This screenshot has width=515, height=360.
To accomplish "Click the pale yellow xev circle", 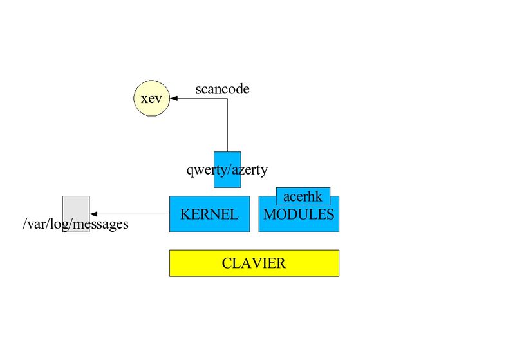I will pyautogui.click(x=151, y=99).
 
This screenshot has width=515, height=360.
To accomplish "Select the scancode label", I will pyautogui.click(x=222, y=89).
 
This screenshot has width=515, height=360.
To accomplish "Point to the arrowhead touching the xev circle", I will pyautogui.click(x=174, y=99).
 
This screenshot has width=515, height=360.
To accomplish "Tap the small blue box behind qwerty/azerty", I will pyautogui.click(x=227, y=183).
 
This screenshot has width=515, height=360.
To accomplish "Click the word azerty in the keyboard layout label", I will pyautogui.click(x=248, y=170).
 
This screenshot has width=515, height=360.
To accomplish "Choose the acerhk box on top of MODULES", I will pyautogui.click(x=303, y=196).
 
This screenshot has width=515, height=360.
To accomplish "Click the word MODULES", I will pyautogui.click(x=299, y=215).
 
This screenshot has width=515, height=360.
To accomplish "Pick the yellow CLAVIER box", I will pyautogui.click(x=254, y=263).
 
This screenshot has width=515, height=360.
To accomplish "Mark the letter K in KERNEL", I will pyautogui.click(x=185, y=215).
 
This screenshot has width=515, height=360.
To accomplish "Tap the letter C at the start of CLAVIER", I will pyautogui.click(x=226, y=263).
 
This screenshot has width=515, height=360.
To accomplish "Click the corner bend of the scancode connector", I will pyautogui.click(x=227, y=99).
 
